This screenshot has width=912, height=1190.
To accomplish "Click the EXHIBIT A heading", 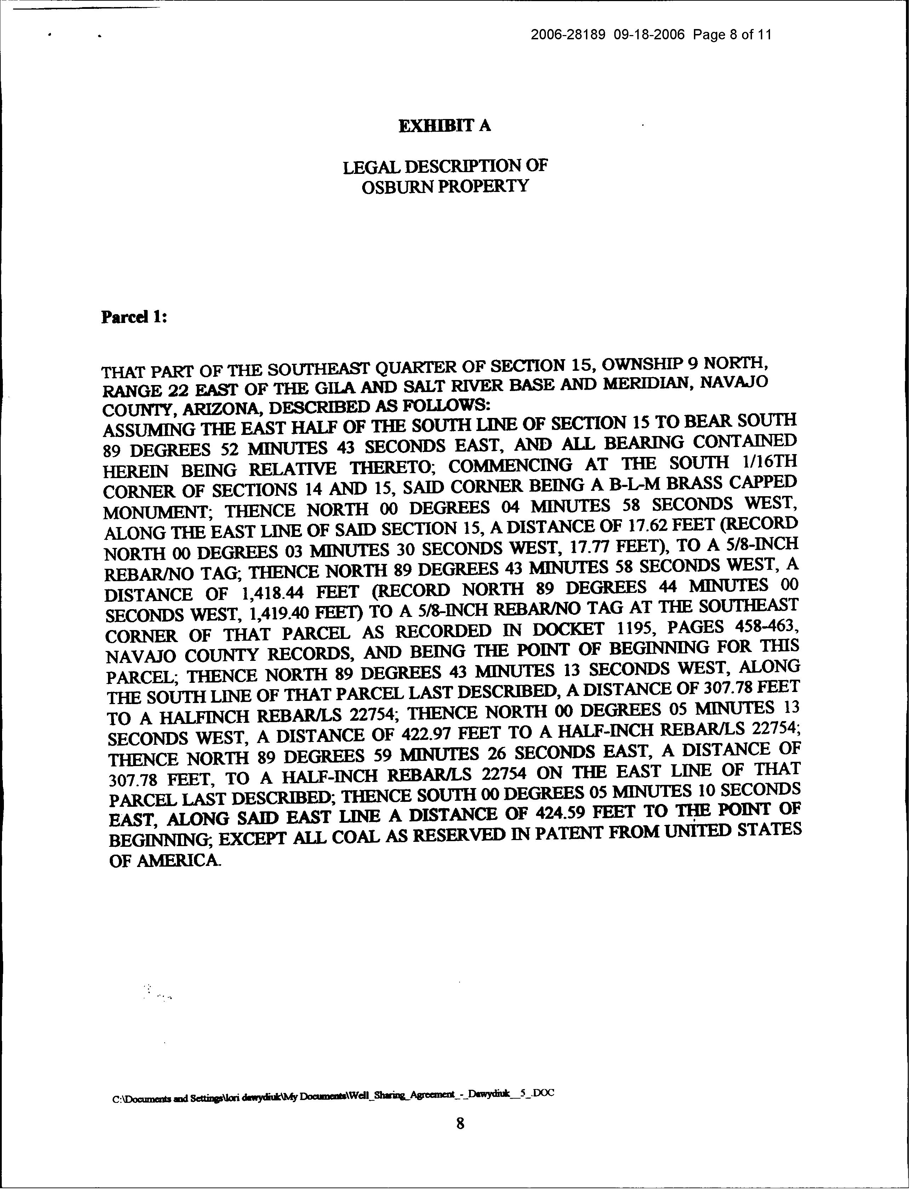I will pyautogui.click(x=445, y=126).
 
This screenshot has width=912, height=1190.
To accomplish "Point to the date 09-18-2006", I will pyautogui.click(x=650, y=35).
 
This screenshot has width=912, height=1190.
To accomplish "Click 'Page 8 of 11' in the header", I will pyautogui.click(x=732, y=35).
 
